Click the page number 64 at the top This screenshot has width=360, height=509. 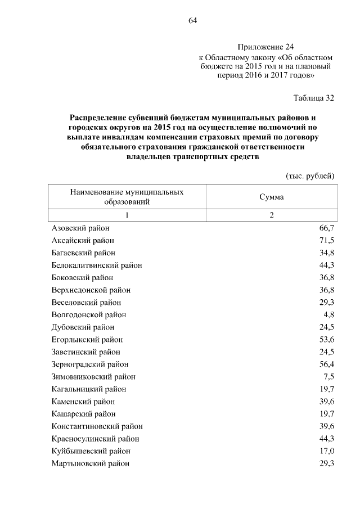[x=192, y=21]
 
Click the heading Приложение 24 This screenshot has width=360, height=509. [x=265, y=47]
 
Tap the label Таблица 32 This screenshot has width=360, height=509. [x=314, y=98]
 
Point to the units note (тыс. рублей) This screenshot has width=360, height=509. [x=311, y=176]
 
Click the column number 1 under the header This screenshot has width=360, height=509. [x=127, y=216]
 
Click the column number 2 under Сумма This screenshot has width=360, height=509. [x=271, y=216]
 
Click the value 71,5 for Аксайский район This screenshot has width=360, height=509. [x=327, y=240]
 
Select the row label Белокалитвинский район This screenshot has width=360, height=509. [x=96, y=265]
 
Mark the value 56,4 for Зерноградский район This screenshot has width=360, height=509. [x=327, y=364]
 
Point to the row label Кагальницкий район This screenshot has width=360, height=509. [x=88, y=389]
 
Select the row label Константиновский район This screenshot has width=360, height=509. [x=96, y=426]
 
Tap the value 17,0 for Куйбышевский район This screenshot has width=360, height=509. [x=327, y=451]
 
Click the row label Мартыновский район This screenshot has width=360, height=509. [x=90, y=463]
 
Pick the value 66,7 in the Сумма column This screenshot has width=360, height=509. [x=327, y=228]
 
